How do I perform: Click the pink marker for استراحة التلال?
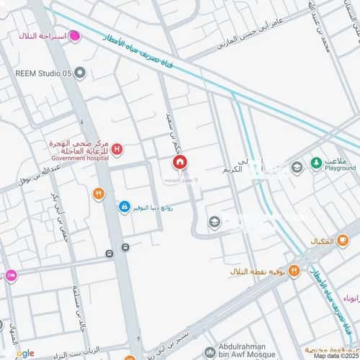tap(74, 36)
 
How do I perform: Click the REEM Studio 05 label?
tap(43, 72)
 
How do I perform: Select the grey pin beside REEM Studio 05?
tap(80, 72)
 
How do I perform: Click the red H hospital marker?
tap(117, 149)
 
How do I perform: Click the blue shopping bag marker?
tap(125, 207)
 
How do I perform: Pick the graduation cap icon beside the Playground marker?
tap(296, 168)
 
